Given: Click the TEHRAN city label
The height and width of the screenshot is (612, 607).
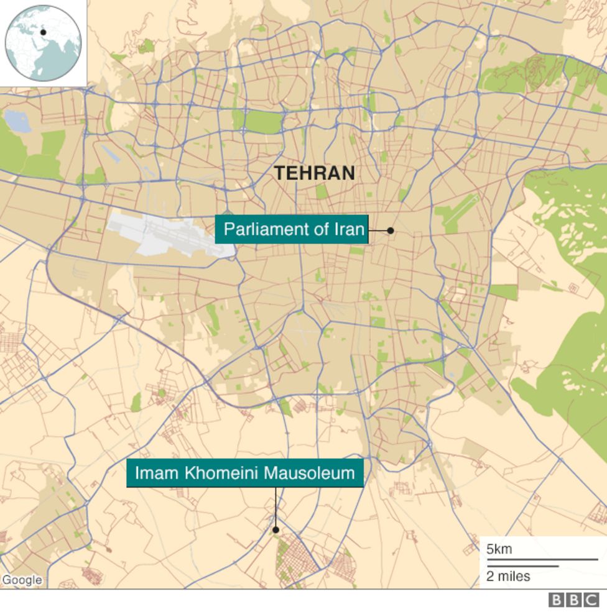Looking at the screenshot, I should point(315,173).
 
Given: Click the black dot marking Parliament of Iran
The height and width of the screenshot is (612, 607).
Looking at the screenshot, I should point(391,231).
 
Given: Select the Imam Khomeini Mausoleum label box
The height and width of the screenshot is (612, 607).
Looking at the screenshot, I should point(245,473).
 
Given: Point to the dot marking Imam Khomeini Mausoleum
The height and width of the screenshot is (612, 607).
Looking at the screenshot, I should point(275,530).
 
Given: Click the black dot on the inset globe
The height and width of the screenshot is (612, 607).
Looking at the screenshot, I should point(44,32).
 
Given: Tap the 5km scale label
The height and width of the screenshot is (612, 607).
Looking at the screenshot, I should point(499,549).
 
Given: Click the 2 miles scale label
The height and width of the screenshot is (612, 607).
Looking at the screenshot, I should point(508,576).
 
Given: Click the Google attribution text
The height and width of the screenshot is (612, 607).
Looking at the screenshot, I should point(22,580).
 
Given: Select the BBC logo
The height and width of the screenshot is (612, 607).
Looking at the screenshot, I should point(573,600).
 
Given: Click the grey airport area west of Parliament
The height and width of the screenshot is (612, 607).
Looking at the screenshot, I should point(171,235).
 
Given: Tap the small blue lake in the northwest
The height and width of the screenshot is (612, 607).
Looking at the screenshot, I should point(17,121).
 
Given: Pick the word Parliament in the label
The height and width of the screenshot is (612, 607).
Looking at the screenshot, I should point(265,229).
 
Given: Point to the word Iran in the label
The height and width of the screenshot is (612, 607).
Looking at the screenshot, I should point(349,229).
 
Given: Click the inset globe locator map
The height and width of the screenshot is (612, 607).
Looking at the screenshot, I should point(43,43).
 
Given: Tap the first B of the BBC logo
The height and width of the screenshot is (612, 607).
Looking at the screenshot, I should point(556,600).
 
